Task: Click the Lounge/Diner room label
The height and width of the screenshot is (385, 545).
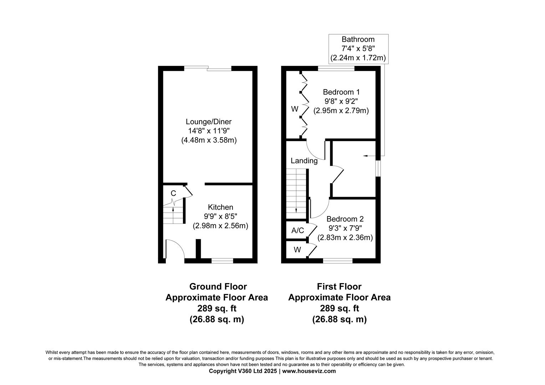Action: pyautogui.click(x=209, y=122)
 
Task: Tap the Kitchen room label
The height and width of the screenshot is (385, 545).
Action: pyautogui.click(x=220, y=207)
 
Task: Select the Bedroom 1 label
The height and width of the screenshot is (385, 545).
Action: pyautogui.click(x=341, y=92)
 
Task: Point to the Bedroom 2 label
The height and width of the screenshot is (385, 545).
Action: pyautogui.click(x=345, y=219)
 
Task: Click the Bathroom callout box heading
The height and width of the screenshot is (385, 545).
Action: pyautogui.click(x=358, y=39)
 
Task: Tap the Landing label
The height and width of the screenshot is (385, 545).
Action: pyautogui.click(x=304, y=161)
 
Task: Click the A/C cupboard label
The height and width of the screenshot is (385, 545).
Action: pyautogui.click(x=297, y=231)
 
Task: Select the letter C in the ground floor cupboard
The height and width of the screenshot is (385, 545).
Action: pyautogui.click(x=173, y=194)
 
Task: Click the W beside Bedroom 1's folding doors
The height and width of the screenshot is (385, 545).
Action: pyautogui.click(x=295, y=109)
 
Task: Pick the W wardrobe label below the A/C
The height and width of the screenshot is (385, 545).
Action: pyautogui.click(x=297, y=250)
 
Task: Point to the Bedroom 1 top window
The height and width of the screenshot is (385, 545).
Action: pyautogui.click(x=336, y=68)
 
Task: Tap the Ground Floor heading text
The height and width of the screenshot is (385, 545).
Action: pyautogui.click(x=218, y=287)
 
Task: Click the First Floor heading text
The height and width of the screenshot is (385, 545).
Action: pyautogui.click(x=339, y=287)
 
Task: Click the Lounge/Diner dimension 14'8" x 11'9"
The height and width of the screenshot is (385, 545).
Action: pyautogui.click(x=209, y=131)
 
